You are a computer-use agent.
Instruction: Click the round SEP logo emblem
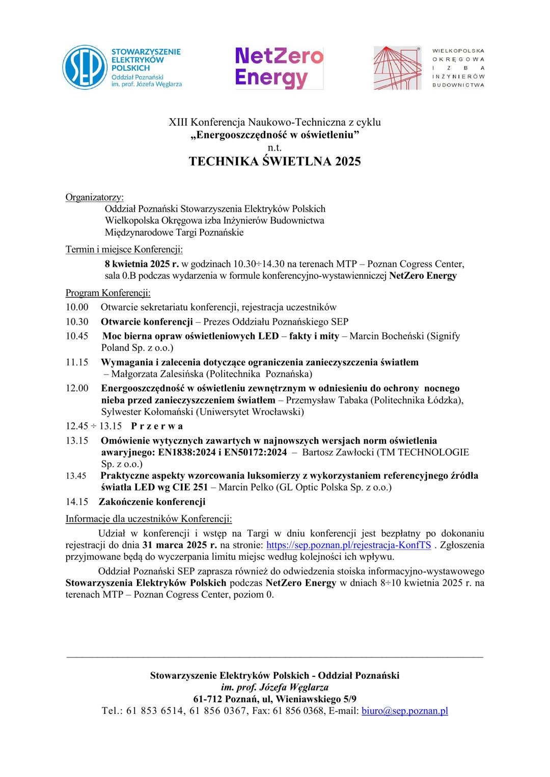point(84,67)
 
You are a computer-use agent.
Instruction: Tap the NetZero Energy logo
point(279,67)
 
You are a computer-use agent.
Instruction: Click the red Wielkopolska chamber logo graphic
point(397,67)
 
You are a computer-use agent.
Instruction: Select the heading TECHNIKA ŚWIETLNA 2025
point(274,161)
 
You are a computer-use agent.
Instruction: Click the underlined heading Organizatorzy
point(94,197)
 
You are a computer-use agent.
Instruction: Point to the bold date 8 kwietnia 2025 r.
point(142,264)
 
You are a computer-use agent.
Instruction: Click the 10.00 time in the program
point(77,307)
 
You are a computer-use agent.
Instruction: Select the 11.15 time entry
point(77,362)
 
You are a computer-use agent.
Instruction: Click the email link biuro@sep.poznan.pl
point(405,711)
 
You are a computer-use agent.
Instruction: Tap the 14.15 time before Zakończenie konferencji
point(77,502)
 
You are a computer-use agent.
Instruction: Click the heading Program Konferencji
point(108,293)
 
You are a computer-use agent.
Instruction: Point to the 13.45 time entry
point(76,476)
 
